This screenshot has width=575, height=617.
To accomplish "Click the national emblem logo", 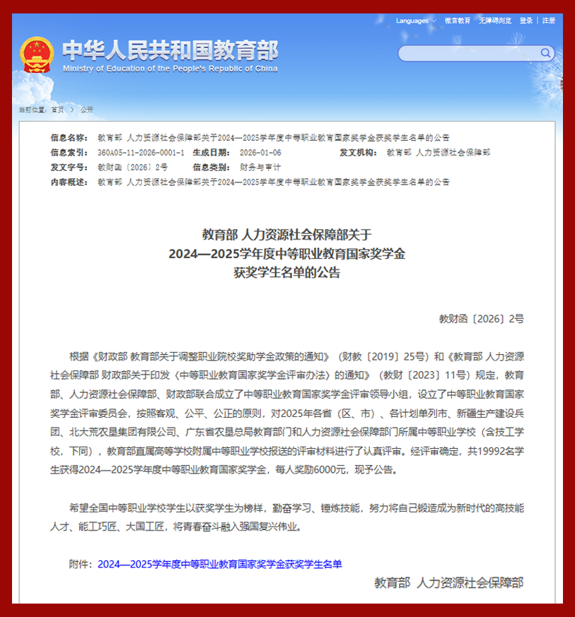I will click(37, 55).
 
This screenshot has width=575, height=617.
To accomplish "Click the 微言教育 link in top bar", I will click(458, 20).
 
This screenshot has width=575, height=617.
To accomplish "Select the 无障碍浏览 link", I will click(495, 20).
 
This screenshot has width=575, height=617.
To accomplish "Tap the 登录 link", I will click(526, 20).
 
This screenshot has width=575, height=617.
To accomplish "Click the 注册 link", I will click(549, 20).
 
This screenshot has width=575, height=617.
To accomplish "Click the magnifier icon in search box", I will click(546, 52).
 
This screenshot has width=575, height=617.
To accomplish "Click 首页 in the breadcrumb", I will click(57, 110).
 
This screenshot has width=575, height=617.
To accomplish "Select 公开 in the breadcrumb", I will click(86, 110).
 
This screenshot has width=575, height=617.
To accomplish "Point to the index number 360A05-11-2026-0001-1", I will click(141, 152).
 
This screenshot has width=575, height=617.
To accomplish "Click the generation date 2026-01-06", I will click(260, 152).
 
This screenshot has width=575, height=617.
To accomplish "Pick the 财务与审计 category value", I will click(260, 167).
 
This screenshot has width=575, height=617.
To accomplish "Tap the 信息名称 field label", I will click(69, 137).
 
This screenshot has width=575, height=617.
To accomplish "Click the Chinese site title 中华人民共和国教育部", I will click(170, 49).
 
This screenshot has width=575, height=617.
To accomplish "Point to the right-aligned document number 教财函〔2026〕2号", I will click(481, 319).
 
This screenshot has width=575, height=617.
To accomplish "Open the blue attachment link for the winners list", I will click(219, 564).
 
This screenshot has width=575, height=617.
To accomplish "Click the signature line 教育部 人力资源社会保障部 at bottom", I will click(449, 583).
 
